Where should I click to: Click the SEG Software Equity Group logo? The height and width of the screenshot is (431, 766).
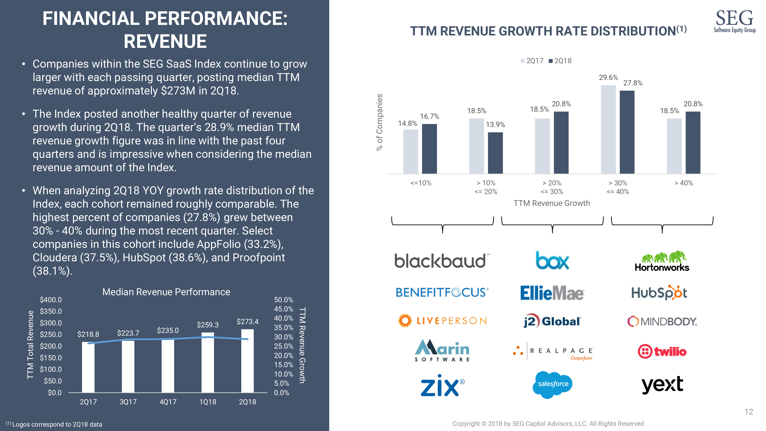(734, 21)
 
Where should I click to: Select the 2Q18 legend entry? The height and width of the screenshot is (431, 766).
(560, 61)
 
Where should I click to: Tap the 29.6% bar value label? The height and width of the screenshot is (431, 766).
(608, 78)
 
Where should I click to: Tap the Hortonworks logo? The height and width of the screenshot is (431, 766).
(662, 261)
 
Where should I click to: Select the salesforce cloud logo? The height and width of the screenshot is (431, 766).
(553, 384)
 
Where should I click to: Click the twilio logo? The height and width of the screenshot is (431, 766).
(662, 352)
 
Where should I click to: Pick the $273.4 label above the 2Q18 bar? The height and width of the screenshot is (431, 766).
(247, 322)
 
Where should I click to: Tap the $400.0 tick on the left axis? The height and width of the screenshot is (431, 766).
(51, 300)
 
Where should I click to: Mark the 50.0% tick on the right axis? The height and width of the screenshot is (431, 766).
(283, 300)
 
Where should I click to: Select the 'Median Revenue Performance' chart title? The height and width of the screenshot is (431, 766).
(166, 292)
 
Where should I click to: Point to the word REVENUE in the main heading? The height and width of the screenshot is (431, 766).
(165, 41)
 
